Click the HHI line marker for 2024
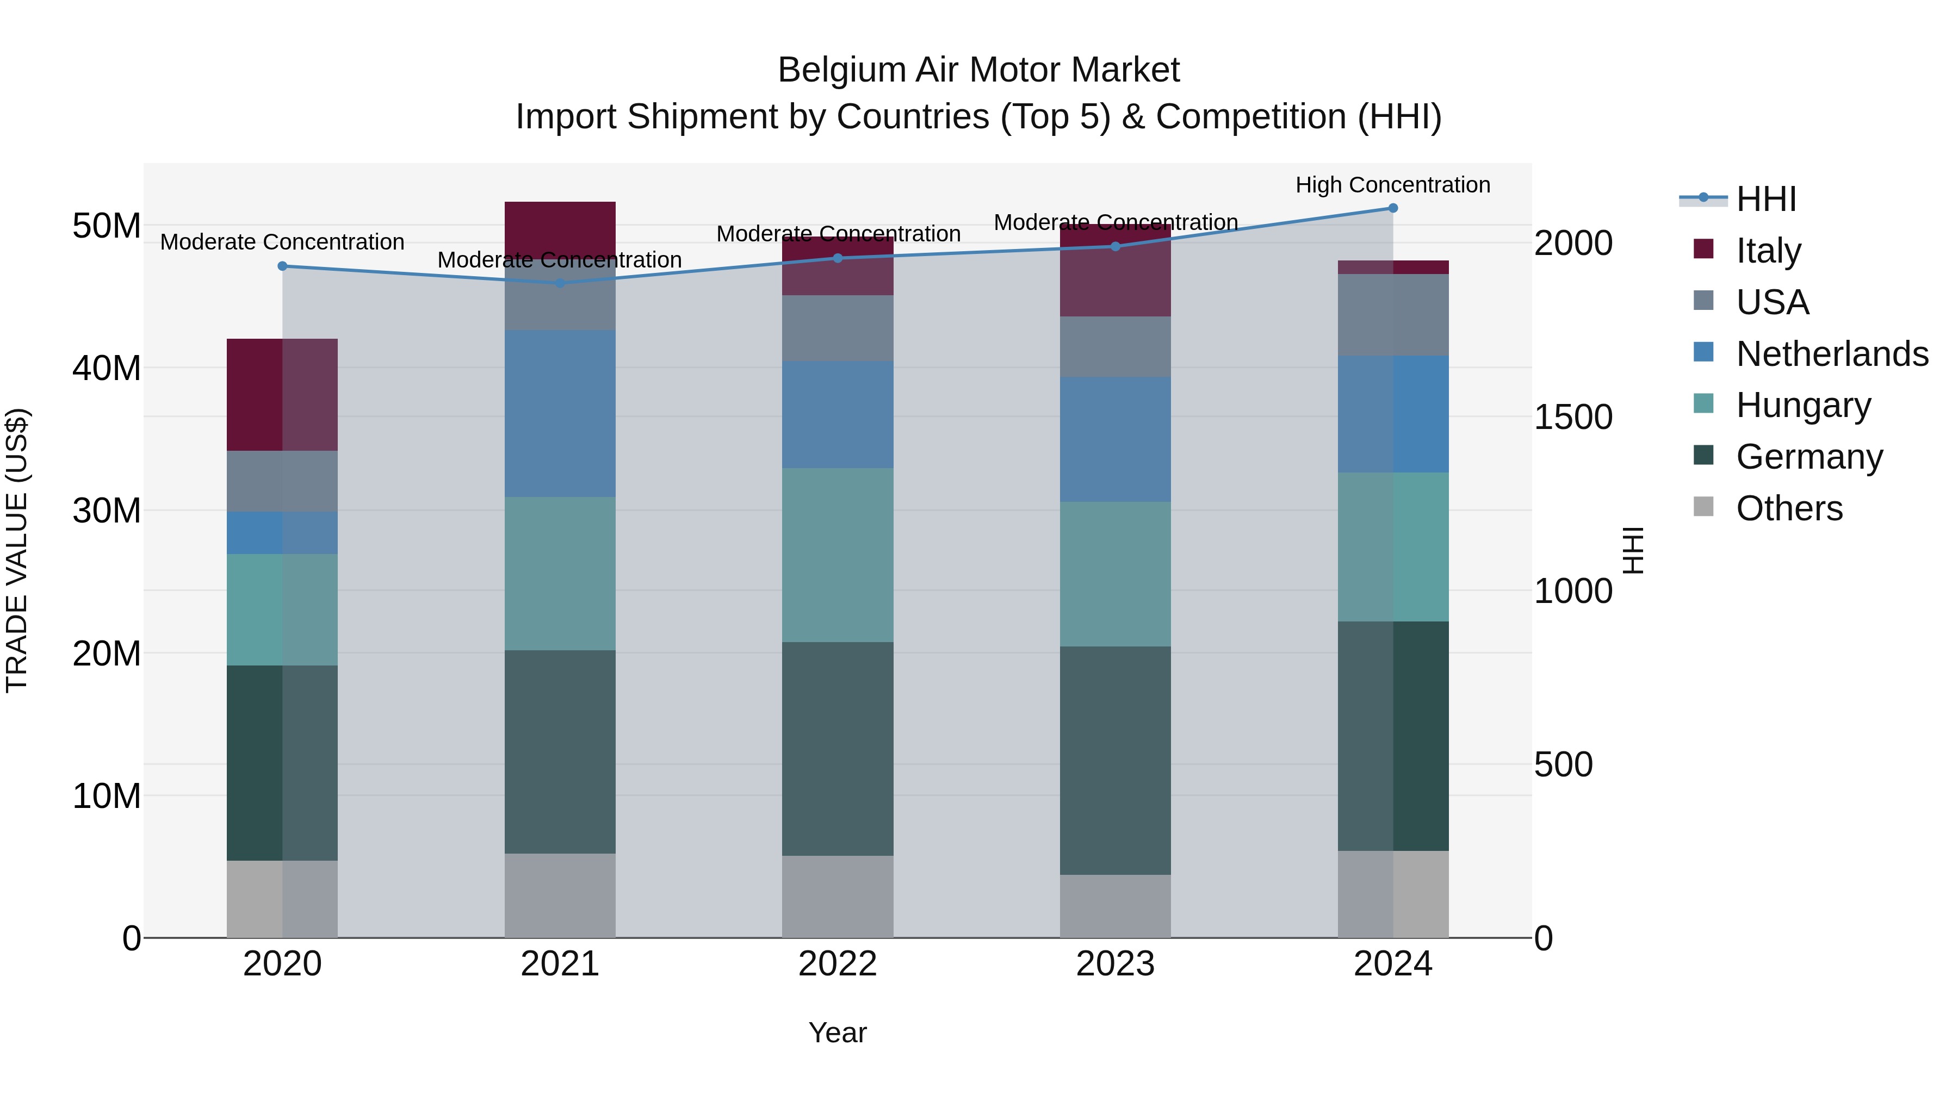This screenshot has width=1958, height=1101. coord(1392,208)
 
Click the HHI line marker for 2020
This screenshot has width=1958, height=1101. coord(282,266)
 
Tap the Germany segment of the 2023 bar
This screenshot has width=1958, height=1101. coord(1115,760)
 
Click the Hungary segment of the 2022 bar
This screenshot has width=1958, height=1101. coord(838,555)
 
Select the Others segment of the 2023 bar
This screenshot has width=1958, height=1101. coord(1115,906)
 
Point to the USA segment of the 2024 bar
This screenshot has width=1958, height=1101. coord(1392,315)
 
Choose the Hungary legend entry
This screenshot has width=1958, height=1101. coord(1803,405)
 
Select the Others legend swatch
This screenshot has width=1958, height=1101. coord(1703,507)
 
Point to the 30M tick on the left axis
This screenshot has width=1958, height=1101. coord(107,511)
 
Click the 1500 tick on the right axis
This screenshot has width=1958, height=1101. coord(1572,417)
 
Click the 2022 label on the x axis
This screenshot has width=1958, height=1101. coord(838,964)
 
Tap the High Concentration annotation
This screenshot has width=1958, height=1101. coord(1392,185)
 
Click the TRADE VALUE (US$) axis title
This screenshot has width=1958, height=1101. coord(17,550)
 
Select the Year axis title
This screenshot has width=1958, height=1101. coord(838,1032)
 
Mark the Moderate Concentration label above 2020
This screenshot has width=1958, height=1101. coord(282,241)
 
